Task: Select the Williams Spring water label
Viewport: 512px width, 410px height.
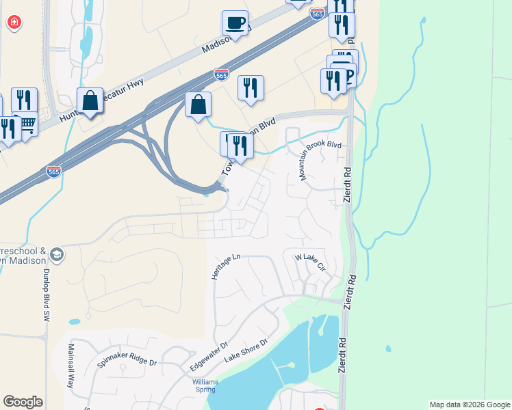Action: pos(204,385)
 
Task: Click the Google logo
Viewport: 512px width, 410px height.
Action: pos(23,402)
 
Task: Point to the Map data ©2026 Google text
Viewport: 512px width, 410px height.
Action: pos(469,405)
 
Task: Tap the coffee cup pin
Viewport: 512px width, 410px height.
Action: pos(235,23)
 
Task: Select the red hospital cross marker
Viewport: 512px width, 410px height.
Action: pos(14,23)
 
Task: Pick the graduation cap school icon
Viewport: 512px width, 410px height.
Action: pos(57,256)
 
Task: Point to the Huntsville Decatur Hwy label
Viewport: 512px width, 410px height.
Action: pos(103,104)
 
